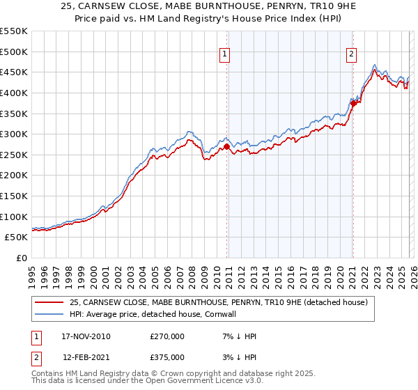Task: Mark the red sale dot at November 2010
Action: (227, 147)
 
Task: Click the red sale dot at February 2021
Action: (353, 103)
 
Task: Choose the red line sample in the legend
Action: (49, 302)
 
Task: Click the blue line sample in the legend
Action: (49, 314)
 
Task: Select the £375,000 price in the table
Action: (167, 357)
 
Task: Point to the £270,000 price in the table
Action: (167, 336)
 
